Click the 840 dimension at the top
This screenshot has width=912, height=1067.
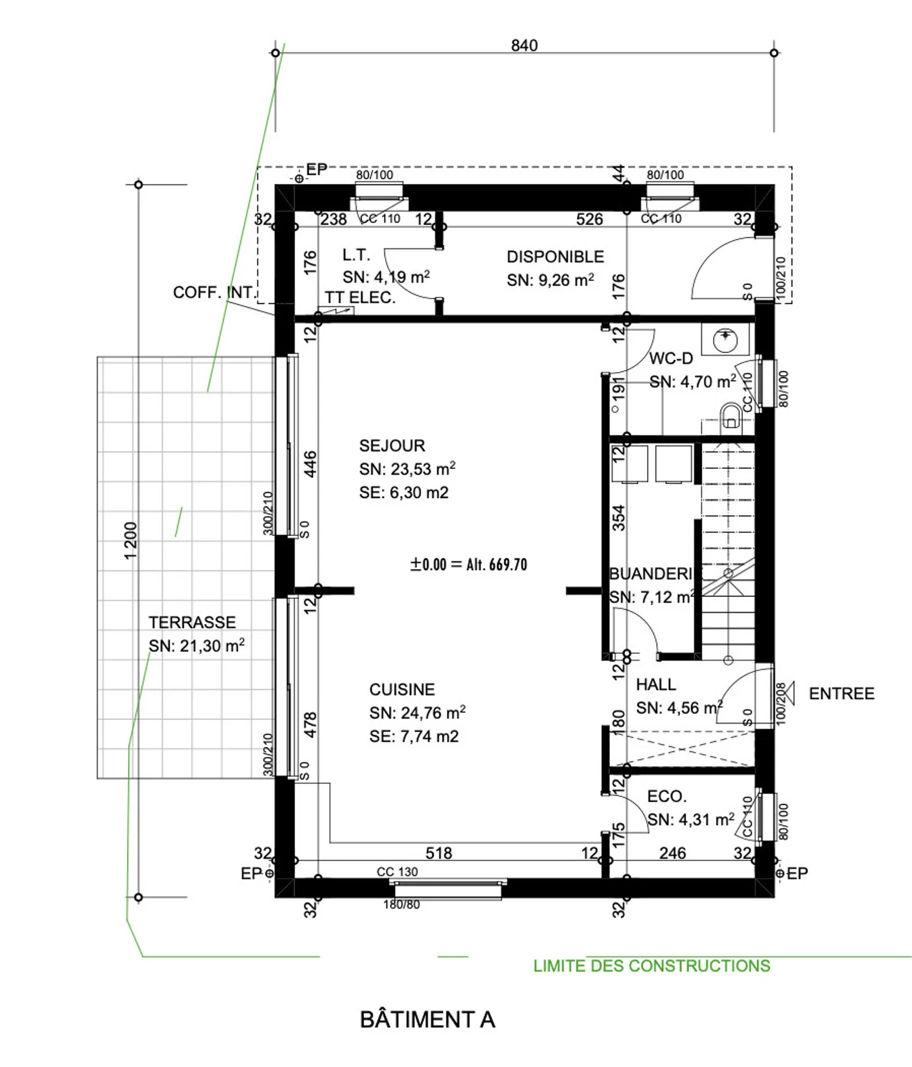click(524, 46)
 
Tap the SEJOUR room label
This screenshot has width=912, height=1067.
click(392, 446)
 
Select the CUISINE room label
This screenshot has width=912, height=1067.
click(402, 689)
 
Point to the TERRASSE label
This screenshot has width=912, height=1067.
click(192, 623)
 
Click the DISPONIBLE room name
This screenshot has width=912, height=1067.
click(555, 257)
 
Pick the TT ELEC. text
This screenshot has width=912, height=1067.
click(360, 298)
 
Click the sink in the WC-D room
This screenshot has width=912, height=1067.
click(725, 340)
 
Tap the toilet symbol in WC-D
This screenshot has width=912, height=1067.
click(731, 416)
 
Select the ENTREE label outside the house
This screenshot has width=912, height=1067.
click(841, 694)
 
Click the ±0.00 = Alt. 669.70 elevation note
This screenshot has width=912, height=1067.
click(469, 565)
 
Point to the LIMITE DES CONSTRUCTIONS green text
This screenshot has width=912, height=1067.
click(651, 966)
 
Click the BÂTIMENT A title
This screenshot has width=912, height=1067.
click(427, 1019)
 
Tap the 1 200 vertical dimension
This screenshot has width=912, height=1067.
click(130, 540)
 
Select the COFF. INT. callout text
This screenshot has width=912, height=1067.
click(213, 293)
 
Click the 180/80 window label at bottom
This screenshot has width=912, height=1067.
click(401, 905)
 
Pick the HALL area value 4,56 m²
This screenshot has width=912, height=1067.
click(678, 708)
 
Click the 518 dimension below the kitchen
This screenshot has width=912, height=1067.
click(438, 853)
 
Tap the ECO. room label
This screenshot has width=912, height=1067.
click(666, 796)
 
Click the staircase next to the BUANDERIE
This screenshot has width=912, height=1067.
click(728, 551)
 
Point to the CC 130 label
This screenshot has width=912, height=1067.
click(397, 872)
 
